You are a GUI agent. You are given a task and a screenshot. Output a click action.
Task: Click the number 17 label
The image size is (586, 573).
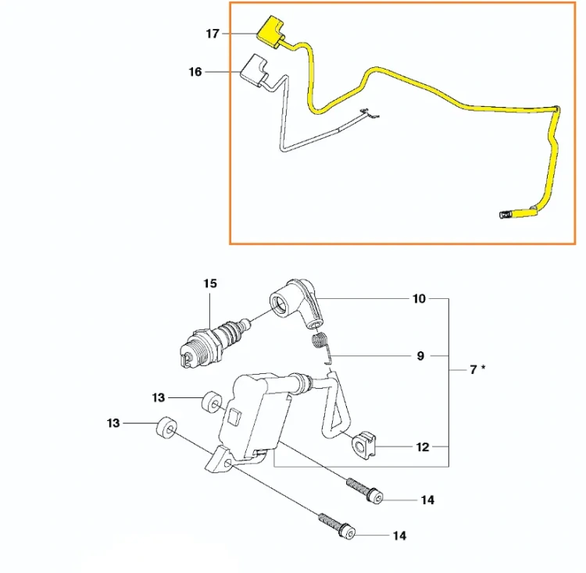[213, 34]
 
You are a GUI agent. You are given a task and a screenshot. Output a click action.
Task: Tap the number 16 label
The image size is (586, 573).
[195, 72]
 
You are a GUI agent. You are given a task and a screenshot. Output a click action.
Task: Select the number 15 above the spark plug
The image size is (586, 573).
[210, 283]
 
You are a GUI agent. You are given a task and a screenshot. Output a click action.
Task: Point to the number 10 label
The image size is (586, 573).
[419, 299]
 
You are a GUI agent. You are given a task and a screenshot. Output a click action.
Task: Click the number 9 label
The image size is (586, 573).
[420, 356]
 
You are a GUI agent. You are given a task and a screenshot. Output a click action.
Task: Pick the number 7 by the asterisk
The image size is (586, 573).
[473, 369]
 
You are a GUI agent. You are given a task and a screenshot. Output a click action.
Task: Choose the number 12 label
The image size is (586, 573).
[422, 447]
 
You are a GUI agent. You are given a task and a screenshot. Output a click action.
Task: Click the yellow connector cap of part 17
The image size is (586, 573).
[270, 32]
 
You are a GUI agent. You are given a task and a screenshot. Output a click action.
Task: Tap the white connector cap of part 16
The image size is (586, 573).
[254, 70]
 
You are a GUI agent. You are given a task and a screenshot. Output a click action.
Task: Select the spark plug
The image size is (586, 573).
[214, 342]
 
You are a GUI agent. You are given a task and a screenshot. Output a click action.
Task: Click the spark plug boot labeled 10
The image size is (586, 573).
[297, 304]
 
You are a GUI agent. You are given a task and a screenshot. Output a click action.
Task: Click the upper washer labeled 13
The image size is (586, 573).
[212, 402]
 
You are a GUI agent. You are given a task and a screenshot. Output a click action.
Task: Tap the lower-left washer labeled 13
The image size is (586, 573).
[166, 427]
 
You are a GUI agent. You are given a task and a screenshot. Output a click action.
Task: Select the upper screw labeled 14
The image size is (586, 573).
[365, 490]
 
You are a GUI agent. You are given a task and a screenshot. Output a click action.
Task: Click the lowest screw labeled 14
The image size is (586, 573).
[336, 525]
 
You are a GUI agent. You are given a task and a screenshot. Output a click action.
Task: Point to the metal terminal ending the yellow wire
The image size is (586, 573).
[506, 215]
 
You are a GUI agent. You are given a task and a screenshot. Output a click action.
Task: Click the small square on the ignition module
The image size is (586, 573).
[234, 416]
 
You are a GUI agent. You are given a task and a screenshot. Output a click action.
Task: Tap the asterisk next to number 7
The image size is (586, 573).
[483, 368]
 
